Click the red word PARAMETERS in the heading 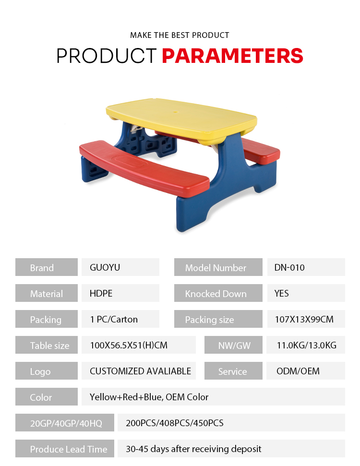pyautogui.click(x=232, y=56)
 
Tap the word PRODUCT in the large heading pyautogui.click(x=107, y=56)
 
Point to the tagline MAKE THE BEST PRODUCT pyautogui.click(x=180, y=35)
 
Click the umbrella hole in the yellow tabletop pyautogui.click(x=175, y=112)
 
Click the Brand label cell pyautogui.click(x=47, y=267)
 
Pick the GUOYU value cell pyautogui.click(x=120, y=267)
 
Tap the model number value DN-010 pyautogui.click(x=289, y=267)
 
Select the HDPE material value pyautogui.click(x=101, y=293)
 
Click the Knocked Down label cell pyautogui.click(x=218, y=293)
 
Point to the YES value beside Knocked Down pyautogui.click(x=281, y=293)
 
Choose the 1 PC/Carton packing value pyautogui.click(x=114, y=319)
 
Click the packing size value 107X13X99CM pyautogui.click(x=304, y=319)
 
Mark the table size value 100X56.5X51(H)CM pyautogui.click(x=129, y=345)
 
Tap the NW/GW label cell pyautogui.click(x=233, y=345)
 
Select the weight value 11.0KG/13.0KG pyautogui.click(x=307, y=345)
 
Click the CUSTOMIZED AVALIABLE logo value pyautogui.click(x=140, y=371)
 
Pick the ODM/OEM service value pyautogui.click(x=298, y=371)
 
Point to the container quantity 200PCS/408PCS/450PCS pyautogui.click(x=175, y=423)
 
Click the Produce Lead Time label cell pyautogui.click(x=65, y=448)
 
